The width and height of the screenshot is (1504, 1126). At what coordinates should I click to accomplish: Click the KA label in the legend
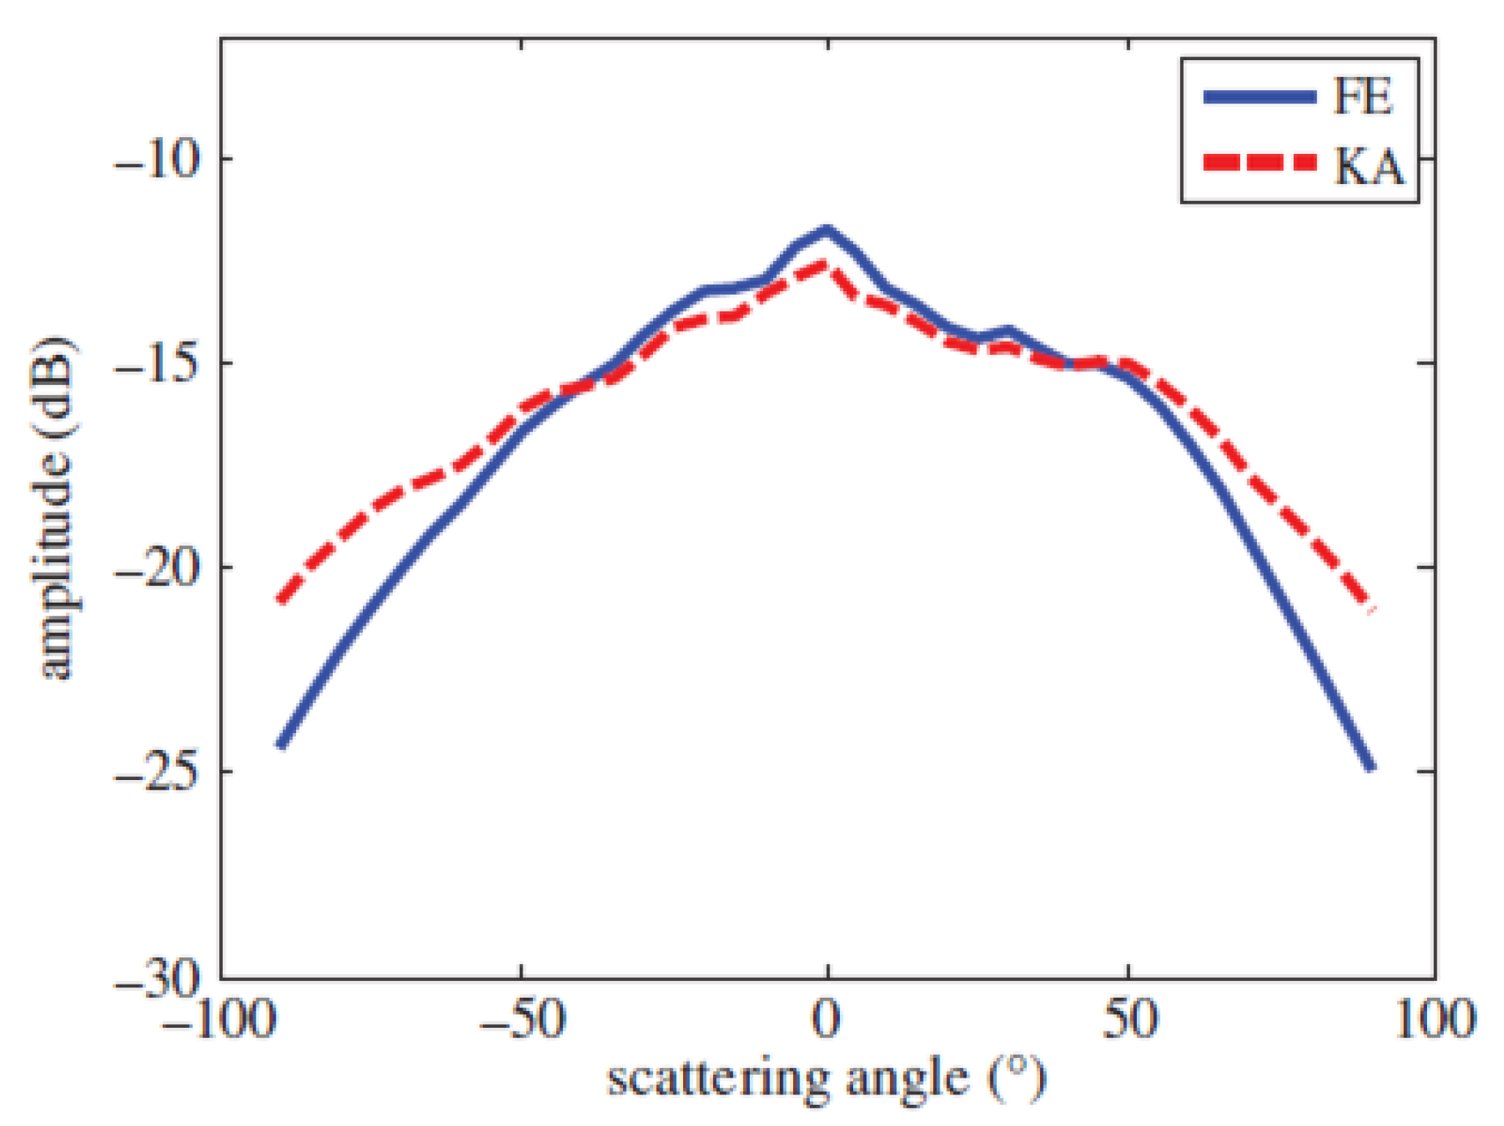click(1368, 166)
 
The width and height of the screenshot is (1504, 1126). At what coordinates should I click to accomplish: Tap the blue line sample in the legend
click(1259, 97)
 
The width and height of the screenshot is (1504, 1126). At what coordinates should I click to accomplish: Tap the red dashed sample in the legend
click(1259, 162)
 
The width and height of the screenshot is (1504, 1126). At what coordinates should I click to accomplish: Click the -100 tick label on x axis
click(218, 1019)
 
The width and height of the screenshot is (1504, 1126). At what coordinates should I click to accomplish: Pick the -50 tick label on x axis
click(522, 1019)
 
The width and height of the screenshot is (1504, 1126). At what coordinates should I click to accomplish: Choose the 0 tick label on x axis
click(827, 1019)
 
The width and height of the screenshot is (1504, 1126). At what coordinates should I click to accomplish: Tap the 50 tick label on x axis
click(1129, 1019)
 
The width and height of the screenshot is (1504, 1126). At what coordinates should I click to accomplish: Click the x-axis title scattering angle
click(827, 1079)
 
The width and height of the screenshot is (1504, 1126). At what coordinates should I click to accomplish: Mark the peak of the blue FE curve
click(827, 230)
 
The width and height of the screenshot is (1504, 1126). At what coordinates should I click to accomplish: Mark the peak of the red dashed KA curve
click(825, 265)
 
